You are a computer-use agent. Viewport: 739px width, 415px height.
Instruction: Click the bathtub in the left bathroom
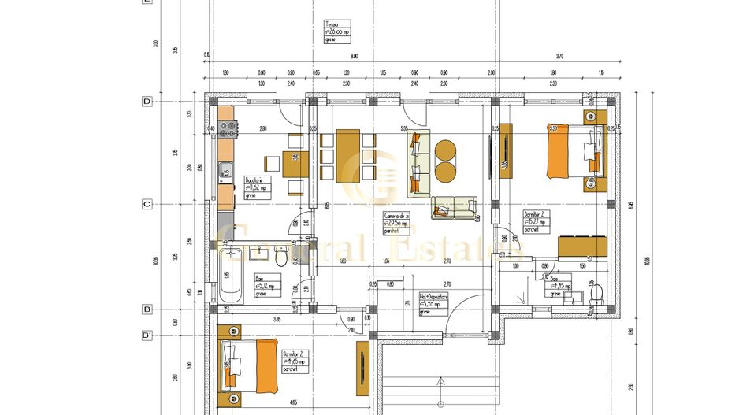tap(230, 275)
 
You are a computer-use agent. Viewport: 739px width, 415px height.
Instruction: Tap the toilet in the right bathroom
tap(596, 294)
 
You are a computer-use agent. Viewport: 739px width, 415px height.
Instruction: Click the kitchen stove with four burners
tap(228, 129)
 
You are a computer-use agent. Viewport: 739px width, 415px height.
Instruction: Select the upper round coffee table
tap(445, 149)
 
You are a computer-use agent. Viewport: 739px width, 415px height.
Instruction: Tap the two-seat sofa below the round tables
tap(453, 207)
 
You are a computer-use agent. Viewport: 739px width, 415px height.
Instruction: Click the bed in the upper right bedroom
tap(571, 152)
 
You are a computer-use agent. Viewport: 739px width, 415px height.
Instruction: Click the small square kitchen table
tap(272, 164)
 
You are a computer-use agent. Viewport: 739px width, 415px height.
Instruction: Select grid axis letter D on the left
tap(147, 102)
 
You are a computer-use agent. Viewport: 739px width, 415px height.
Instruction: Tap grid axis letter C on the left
tap(147, 204)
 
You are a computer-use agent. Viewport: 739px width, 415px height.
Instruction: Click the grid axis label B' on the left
tap(147, 335)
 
